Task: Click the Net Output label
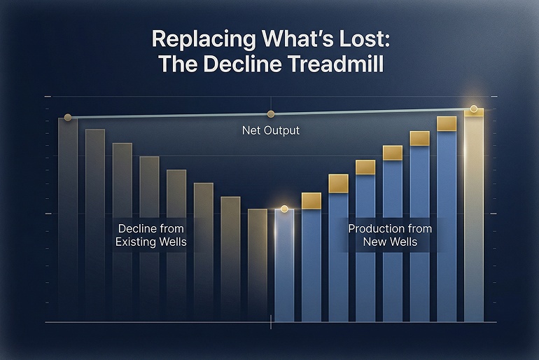click(270, 130)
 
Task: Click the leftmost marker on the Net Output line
click(67, 117)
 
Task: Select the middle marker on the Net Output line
click(270, 114)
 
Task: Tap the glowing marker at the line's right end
click(474, 109)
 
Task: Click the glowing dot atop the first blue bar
click(284, 209)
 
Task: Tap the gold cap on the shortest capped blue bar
click(311, 200)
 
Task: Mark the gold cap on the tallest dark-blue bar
click(447, 124)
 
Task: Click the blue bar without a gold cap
click(284, 266)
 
